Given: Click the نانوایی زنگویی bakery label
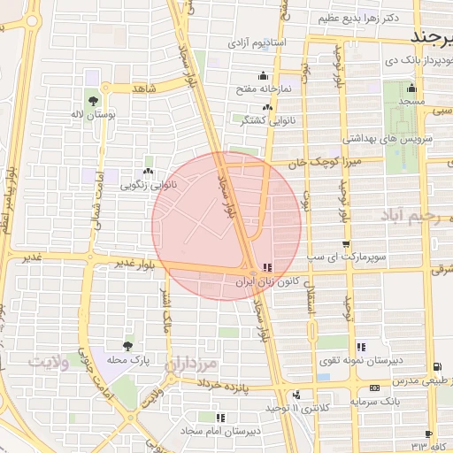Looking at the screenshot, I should [x=147, y=186].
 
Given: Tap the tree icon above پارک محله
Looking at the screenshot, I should [x=130, y=346].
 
